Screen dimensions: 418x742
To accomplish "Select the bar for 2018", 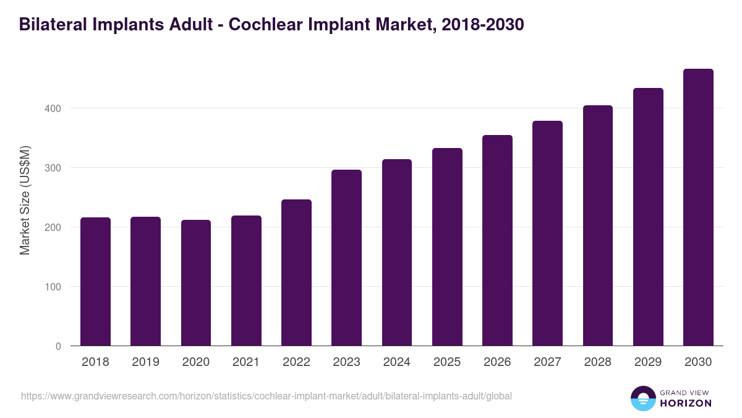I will (95, 282).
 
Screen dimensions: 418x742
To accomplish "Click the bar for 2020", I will (196, 283).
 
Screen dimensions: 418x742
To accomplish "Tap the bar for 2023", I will (346, 258).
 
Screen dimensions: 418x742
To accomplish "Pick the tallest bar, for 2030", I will (698, 207).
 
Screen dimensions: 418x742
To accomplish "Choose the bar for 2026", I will (497, 240).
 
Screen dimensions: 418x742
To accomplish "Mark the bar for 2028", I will (598, 225).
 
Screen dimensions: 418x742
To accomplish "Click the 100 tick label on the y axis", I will (54, 287).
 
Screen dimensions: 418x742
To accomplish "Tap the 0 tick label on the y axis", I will (59, 346).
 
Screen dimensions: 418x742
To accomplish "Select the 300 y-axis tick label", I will (54, 168).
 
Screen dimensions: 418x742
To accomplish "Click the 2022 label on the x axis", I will (296, 362).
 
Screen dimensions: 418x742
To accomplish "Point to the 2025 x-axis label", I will (447, 362).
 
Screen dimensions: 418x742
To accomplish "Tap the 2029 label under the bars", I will (648, 362).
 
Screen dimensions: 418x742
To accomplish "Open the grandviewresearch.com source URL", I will (267, 396).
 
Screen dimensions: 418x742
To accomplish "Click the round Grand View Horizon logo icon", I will (642, 398).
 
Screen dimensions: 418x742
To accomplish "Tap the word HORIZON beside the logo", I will (686, 403).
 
